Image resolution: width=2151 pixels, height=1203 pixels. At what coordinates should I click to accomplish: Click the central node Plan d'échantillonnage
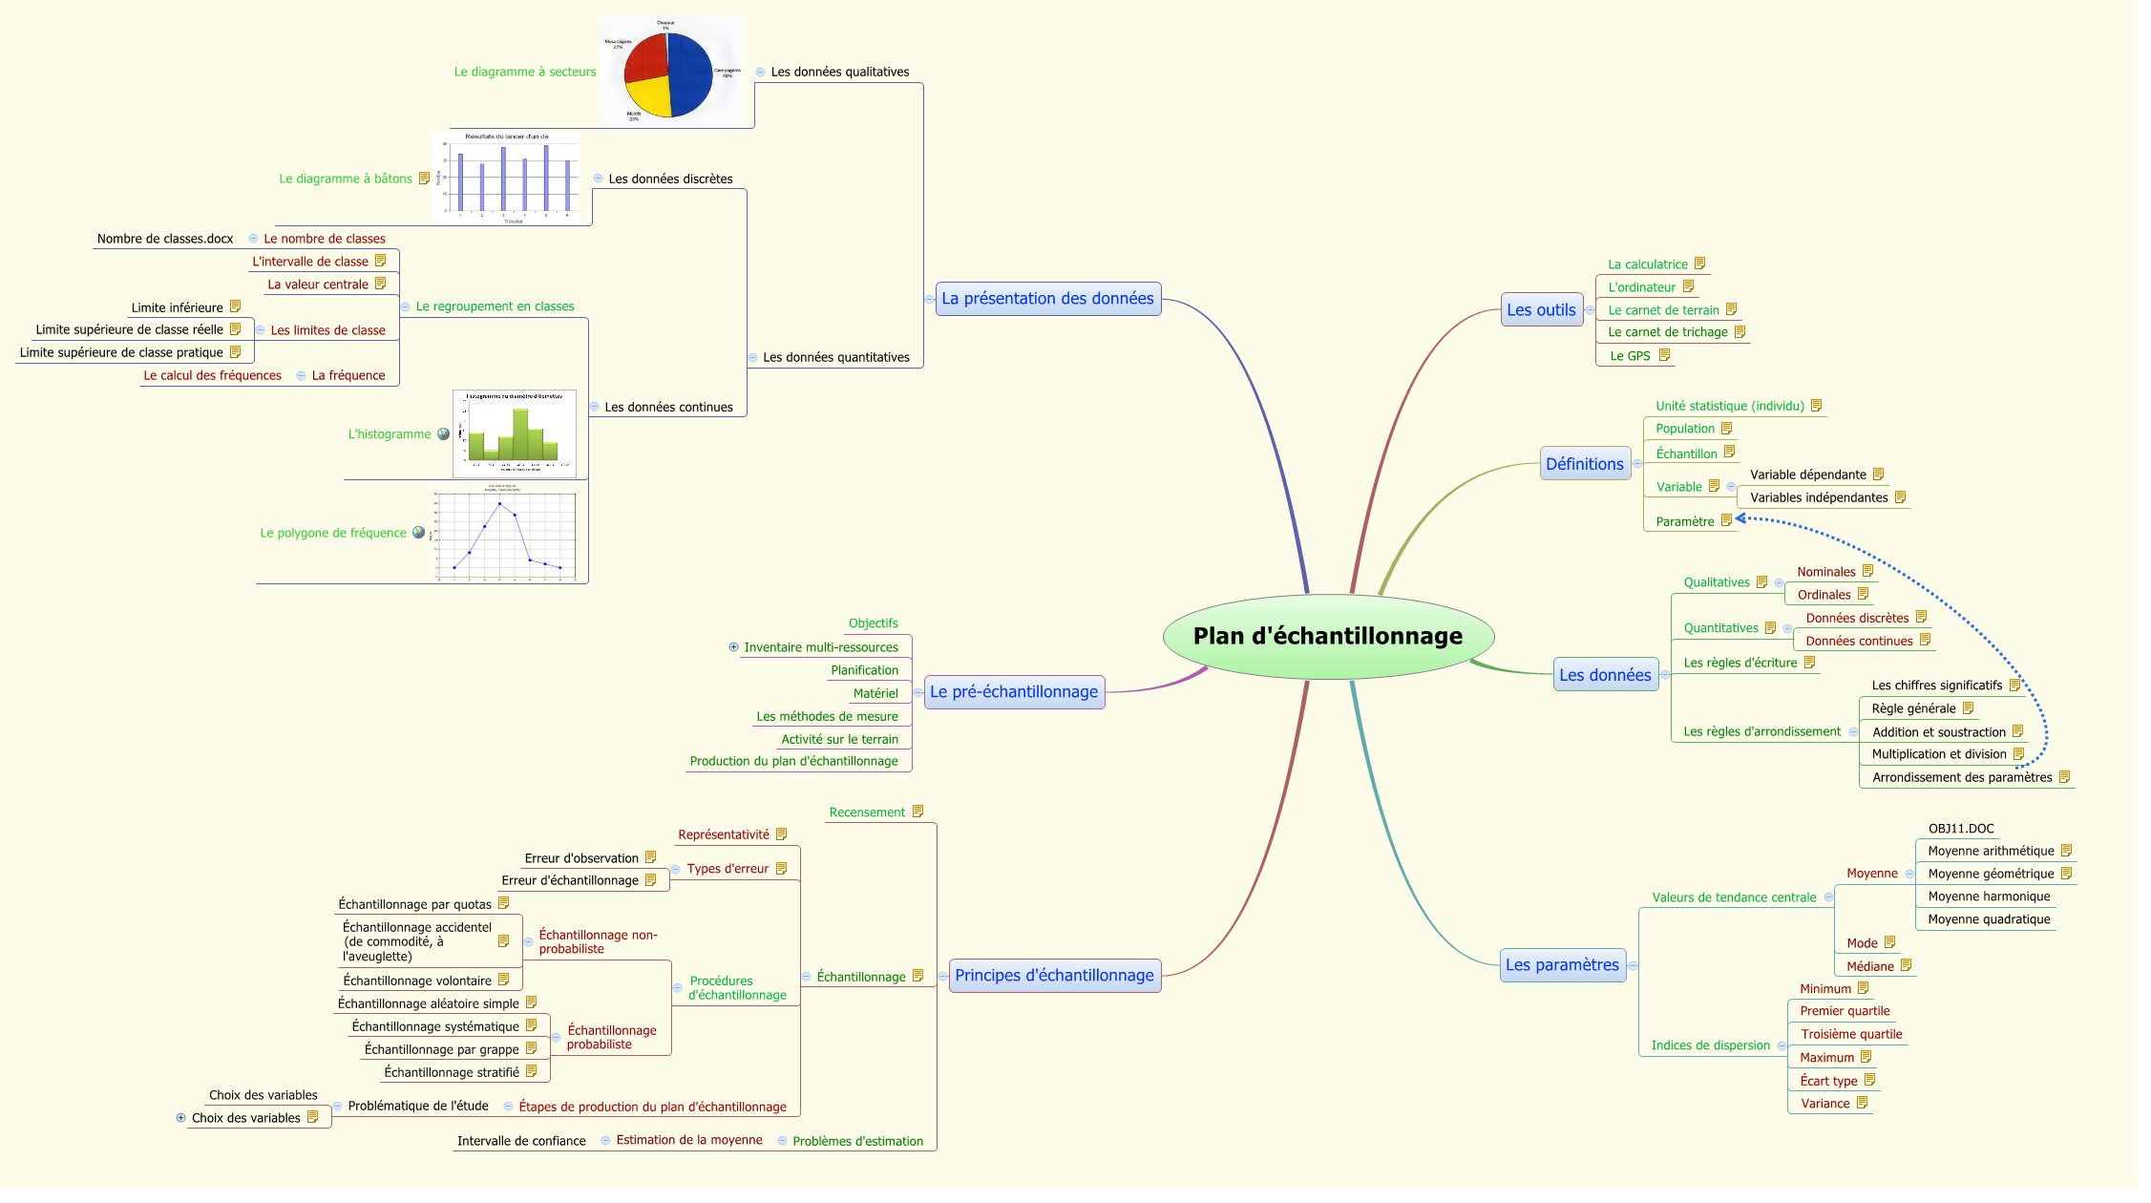coord(1327,637)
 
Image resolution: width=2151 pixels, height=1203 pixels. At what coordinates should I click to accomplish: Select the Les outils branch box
coord(1541,310)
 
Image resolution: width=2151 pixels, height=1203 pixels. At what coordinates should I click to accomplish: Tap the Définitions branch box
coord(1584,464)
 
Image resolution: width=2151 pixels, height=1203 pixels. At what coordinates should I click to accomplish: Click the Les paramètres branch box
coord(1562,965)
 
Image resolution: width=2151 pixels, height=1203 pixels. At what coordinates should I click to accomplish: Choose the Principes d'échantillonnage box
coord(1054,976)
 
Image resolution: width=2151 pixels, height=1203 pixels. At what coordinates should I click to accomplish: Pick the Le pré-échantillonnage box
coord(1013,692)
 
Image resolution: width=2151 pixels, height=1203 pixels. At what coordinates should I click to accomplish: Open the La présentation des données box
coord(1047,299)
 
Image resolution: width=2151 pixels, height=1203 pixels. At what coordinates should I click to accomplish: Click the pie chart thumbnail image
coord(671,72)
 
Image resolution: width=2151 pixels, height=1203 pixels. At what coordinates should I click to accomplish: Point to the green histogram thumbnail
coord(515,434)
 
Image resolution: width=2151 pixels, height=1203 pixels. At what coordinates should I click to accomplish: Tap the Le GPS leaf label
coord(1630,356)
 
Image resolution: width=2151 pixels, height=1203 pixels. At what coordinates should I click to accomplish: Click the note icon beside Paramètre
coord(1726,520)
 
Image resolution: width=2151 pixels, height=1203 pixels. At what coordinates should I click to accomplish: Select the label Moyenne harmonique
coord(1989,897)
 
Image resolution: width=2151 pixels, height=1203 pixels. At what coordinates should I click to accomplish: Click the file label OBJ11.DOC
coord(1961,829)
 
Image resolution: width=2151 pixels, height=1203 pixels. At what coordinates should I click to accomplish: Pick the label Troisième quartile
coord(1851,1034)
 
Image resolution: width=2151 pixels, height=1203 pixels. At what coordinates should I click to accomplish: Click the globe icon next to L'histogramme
coord(443,434)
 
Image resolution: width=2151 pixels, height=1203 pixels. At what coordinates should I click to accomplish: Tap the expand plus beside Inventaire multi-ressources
coord(733,647)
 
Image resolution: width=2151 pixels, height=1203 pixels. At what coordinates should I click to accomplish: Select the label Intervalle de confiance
coord(521,1141)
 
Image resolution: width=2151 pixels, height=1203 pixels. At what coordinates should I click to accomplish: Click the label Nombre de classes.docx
coord(165,239)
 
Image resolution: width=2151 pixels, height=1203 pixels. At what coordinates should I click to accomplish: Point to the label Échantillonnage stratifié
coord(452,1072)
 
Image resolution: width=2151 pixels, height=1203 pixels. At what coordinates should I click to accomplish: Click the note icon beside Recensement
coord(917,812)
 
